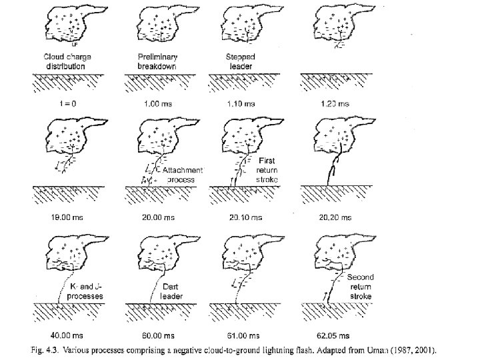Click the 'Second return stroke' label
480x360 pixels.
[360, 286]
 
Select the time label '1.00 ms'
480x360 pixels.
[156, 104]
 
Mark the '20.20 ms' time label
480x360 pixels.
[333, 217]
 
